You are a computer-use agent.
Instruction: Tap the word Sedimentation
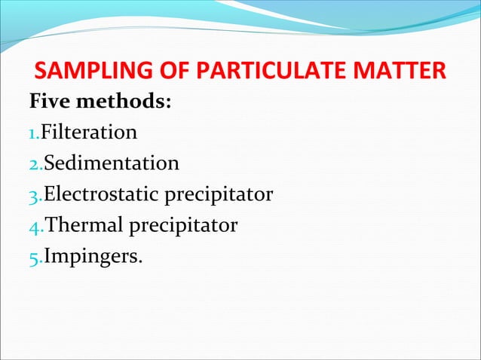click(112, 163)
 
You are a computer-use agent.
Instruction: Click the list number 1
click(32, 134)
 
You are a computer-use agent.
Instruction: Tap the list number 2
click(34, 164)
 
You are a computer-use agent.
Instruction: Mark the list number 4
click(34, 226)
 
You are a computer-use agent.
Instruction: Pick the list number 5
click(34, 258)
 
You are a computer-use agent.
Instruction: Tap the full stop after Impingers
click(139, 261)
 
